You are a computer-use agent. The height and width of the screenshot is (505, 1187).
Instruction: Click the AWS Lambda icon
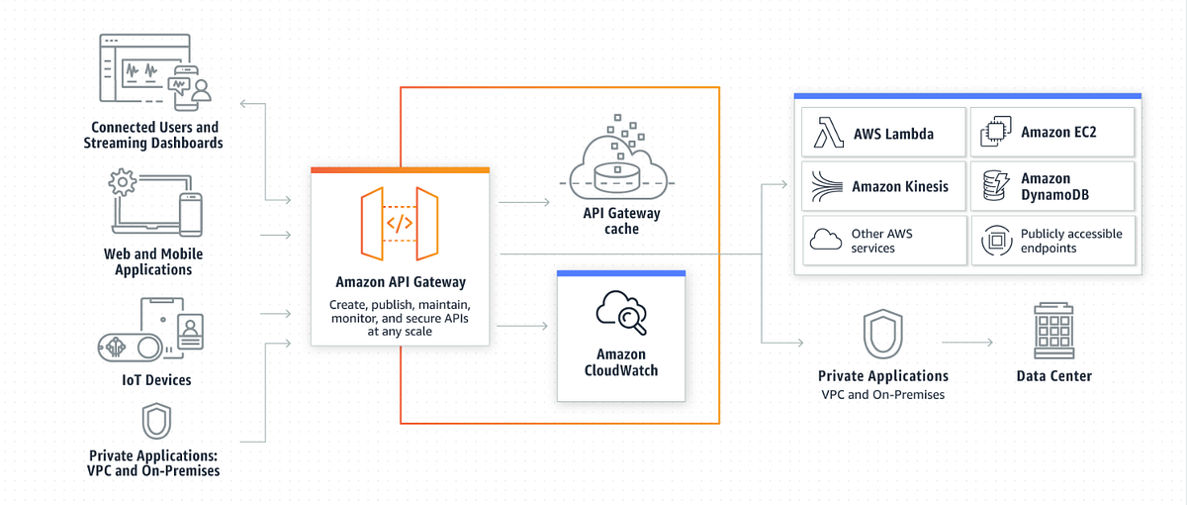pos(826,133)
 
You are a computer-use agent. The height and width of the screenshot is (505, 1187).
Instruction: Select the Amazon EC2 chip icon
pos(995,133)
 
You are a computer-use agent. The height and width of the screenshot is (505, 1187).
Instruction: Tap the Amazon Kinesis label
pos(899,186)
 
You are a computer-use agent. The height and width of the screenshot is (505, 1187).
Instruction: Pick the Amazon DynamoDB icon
pos(995,186)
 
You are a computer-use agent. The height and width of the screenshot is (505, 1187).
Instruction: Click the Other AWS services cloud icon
pos(826,241)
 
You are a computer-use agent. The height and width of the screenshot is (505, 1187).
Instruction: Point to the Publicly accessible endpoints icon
pos(995,241)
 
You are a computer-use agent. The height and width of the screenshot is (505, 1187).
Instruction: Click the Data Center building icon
pos(1053,332)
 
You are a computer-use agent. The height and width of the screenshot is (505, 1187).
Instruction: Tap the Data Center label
pos(1054,376)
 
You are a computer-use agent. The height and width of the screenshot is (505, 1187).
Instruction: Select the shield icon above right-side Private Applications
pos(882,334)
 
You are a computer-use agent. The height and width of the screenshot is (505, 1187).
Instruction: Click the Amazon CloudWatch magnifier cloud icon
pos(621,312)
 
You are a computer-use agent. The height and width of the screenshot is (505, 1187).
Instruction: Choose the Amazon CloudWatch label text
pos(621,362)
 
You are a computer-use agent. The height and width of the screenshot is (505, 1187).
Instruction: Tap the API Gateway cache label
pos(621,221)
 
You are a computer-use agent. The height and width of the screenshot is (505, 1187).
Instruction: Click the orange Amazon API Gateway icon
pos(400,224)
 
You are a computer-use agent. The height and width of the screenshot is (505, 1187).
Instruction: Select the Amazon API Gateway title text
pos(400,281)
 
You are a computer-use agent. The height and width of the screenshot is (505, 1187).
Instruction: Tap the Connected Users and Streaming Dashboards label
pos(155,135)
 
